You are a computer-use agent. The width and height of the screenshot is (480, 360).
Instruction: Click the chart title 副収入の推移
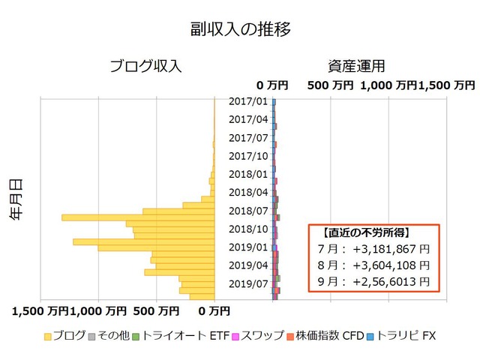point(240,29)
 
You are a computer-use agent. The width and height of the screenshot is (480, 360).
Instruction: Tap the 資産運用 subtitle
point(356,67)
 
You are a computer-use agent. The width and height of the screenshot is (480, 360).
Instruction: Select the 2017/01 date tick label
point(248,102)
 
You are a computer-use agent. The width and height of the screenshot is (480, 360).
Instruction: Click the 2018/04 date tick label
point(248,193)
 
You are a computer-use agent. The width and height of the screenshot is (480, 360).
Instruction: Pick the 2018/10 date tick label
point(248,229)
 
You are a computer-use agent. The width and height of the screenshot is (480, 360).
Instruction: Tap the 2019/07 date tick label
point(248,284)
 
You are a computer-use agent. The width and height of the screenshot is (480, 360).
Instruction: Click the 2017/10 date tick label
point(248,157)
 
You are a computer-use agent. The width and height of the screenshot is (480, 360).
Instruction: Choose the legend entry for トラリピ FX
point(401,336)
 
